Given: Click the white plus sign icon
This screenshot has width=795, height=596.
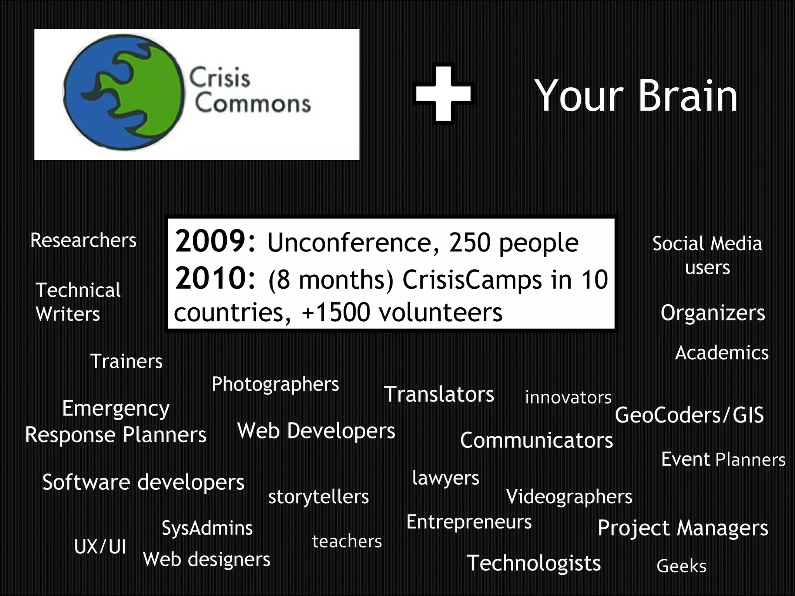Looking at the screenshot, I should [x=443, y=94].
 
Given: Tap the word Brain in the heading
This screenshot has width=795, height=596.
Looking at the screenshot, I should [x=687, y=96].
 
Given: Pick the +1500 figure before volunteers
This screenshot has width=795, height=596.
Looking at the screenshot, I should [x=336, y=312].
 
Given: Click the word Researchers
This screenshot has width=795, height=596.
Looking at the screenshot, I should [x=83, y=240].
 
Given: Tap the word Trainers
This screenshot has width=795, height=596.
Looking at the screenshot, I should [x=127, y=361].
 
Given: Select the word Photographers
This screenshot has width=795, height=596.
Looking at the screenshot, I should [x=275, y=385].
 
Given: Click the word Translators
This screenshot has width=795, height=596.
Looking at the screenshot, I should [x=439, y=394].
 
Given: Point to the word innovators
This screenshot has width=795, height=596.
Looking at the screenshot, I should [x=568, y=397].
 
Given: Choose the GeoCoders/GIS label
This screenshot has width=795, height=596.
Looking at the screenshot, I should [x=689, y=415].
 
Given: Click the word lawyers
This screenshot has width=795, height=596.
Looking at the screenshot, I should [x=446, y=478].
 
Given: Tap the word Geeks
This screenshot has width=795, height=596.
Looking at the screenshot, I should [x=681, y=566].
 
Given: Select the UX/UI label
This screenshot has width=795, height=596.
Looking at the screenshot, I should [x=100, y=547].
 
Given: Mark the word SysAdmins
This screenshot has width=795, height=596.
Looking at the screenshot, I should [x=207, y=528].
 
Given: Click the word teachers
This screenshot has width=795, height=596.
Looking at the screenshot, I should [x=347, y=541].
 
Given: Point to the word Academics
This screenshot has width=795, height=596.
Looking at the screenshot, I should [x=722, y=353].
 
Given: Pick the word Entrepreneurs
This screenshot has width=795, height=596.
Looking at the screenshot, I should [x=469, y=522].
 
